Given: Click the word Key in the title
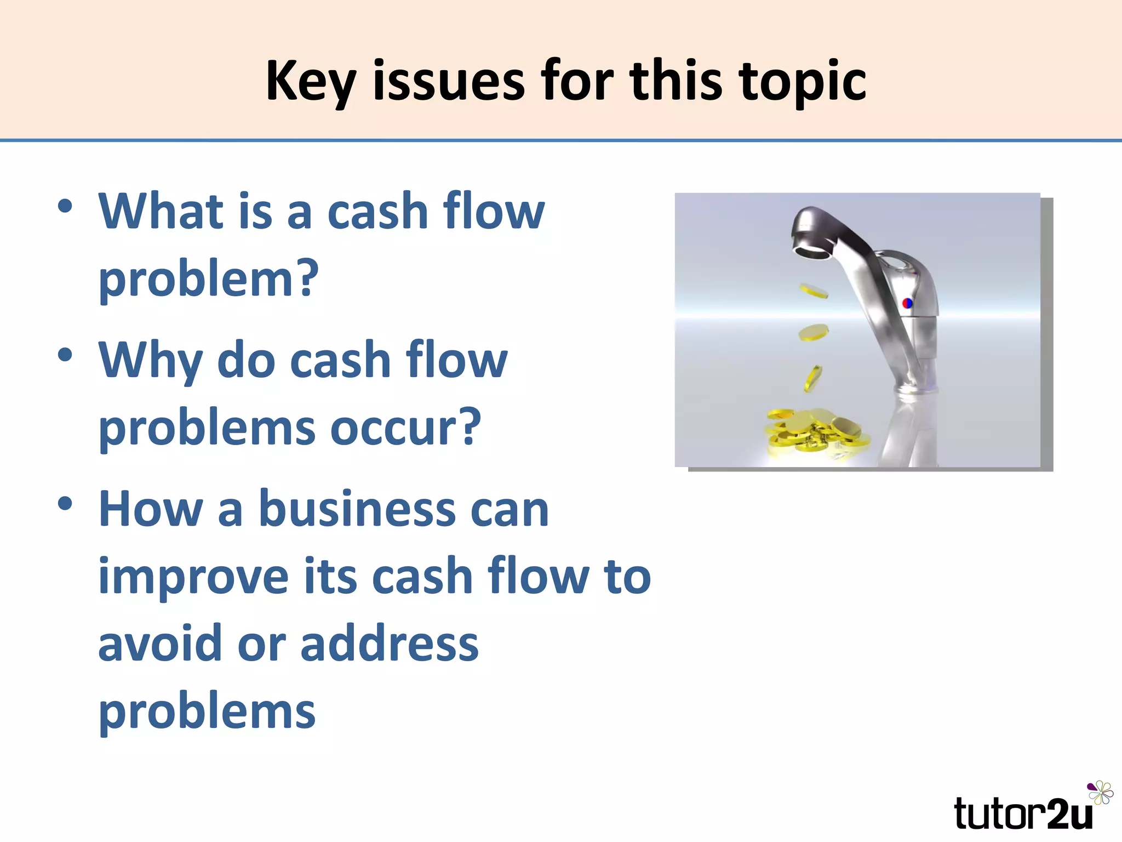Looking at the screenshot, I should [x=311, y=81].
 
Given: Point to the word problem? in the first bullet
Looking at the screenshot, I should [x=209, y=280].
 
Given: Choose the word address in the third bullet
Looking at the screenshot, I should [x=390, y=644].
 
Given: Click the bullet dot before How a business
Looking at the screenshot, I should [x=65, y=503].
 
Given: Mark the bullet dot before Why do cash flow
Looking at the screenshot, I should [x=65, y=354].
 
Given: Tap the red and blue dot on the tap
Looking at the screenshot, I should [x=907, y=303].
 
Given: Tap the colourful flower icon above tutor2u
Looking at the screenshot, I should [x=1100, y=793].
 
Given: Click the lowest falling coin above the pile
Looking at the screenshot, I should [x=813, y=378].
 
